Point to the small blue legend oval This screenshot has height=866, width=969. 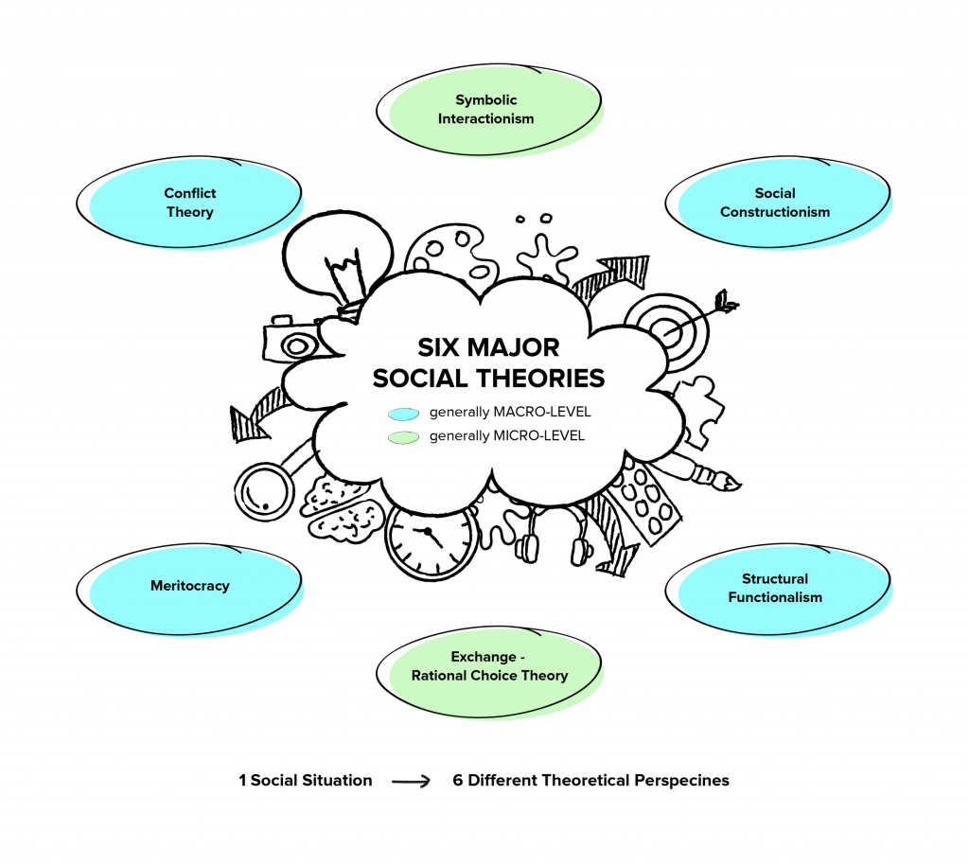point(404,415)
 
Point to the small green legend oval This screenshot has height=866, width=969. point(404,438)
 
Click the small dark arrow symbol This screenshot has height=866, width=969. point(411,781)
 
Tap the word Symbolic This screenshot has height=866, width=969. point(486,100)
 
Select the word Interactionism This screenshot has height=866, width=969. point(486,119)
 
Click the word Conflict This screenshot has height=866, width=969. point(190,193)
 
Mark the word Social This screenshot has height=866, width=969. point(775,193)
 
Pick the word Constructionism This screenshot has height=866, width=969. point(775,212)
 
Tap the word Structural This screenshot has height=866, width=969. point(775,578)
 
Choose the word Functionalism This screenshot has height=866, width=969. point(775,597)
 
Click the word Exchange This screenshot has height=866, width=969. point(484,657)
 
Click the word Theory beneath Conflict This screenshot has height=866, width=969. point(190,212)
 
